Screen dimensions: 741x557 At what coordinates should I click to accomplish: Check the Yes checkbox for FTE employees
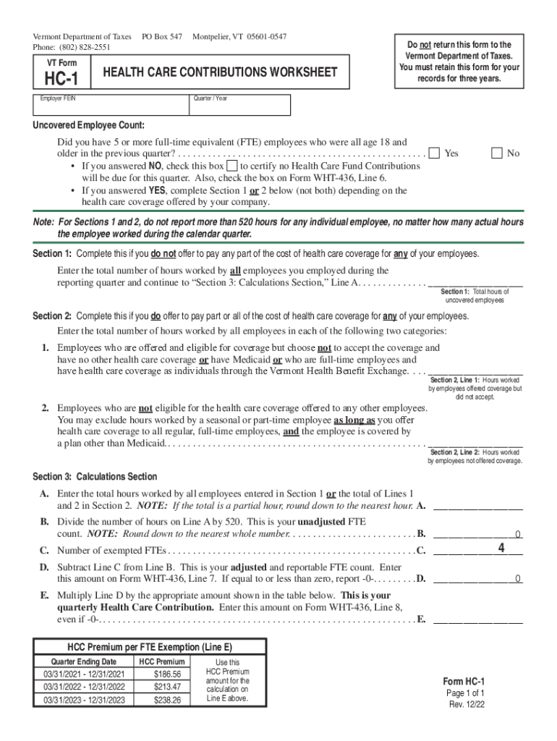tap(434, 153)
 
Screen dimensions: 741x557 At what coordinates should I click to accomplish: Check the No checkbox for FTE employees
tap(496, 153)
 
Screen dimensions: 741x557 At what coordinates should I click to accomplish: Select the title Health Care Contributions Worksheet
tap(220, 72)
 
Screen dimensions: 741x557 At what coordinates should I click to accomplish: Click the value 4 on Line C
tap(501, 549)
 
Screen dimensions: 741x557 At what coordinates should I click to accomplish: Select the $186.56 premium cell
tap(167, 674)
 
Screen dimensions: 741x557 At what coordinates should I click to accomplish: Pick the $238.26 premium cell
tap(167, 700)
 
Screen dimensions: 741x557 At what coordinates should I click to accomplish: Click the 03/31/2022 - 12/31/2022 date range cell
tap(85, 687)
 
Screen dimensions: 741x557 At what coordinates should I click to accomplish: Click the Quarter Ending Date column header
tap(83, 661)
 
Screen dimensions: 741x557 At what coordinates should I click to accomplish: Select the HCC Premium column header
tap(161, 661)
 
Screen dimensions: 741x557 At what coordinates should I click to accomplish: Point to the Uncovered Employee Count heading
tap(88, 124)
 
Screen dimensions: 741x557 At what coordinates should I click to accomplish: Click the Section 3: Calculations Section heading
tap(95, 476)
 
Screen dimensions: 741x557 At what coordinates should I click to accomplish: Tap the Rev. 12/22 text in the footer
tap(466, 704)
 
